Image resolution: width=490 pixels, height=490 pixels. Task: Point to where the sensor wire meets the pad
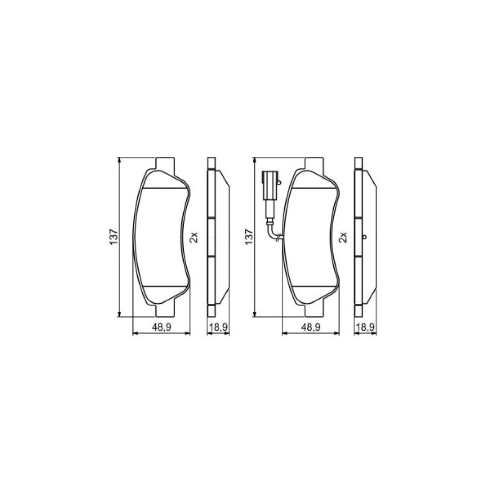click(278, 239)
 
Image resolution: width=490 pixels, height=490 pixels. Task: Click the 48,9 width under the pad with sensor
click(311, 328)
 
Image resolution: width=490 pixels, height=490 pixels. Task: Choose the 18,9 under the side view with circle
click(365, 328)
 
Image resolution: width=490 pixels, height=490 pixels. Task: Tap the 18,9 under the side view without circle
click(217, 328)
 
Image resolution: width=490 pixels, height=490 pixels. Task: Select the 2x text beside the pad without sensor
click(194, 238)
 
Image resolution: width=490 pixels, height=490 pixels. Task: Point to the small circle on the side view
click(365, 238)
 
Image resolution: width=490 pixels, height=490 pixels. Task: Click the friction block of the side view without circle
click(221, 238)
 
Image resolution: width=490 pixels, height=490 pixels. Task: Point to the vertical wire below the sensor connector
click(268, 211)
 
